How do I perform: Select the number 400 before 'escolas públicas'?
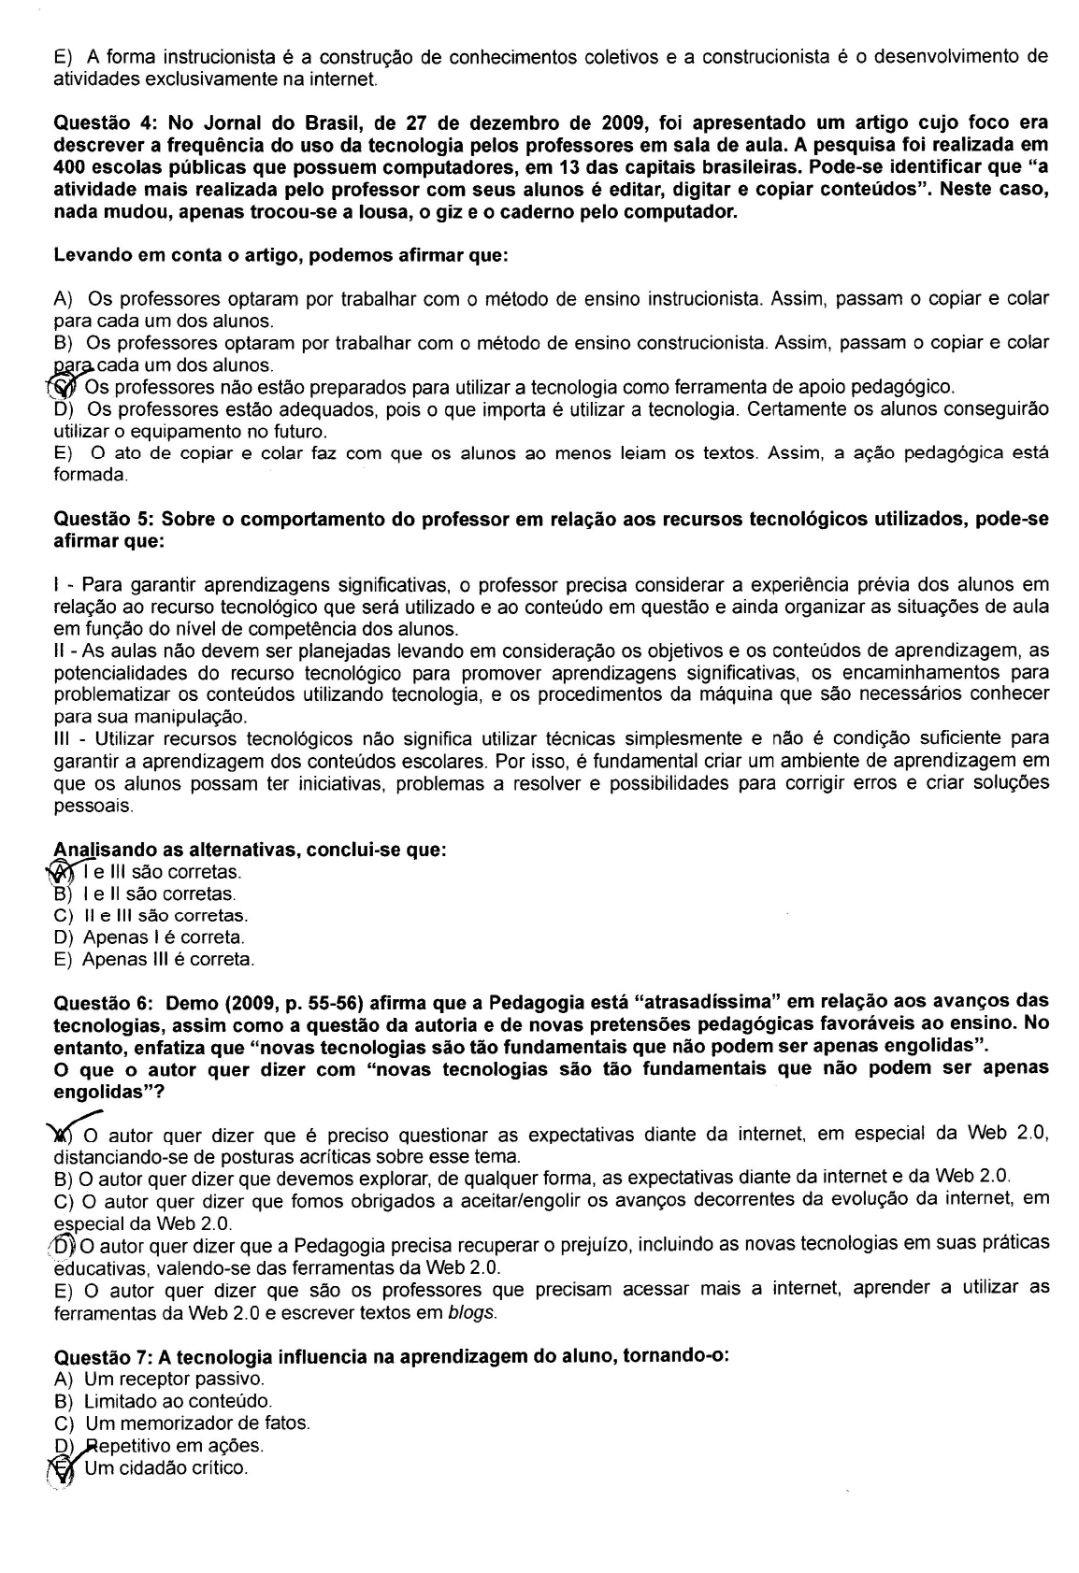pyautogui.click(x=68, y=167)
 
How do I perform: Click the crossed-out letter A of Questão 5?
pyautogui.click(x=61, y=872)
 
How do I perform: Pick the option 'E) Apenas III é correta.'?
pyautogui.click(x=154, y=959)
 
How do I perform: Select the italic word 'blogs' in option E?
pyautogui.click(x=471, y=1311)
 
